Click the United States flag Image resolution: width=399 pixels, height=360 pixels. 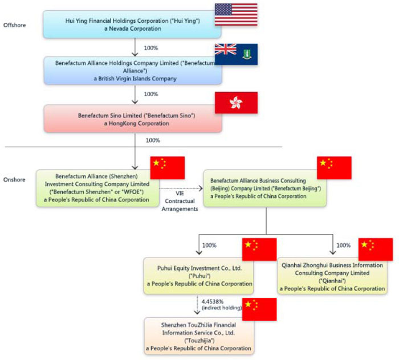tap(235, 15)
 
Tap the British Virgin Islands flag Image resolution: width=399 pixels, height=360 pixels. tap(235, 55)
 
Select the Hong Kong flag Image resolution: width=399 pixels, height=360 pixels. tap(235, 103)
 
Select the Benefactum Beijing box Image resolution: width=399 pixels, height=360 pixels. tap(264, 187)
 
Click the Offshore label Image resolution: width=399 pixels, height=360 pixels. tap(14, 26)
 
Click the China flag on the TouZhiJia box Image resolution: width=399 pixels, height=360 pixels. tap(259, 309)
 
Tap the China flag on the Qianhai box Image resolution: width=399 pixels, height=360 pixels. tap(375, 249)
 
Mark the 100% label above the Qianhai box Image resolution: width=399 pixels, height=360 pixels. tap(343, 246)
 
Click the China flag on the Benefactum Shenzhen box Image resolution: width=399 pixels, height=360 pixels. tap(167, 166)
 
